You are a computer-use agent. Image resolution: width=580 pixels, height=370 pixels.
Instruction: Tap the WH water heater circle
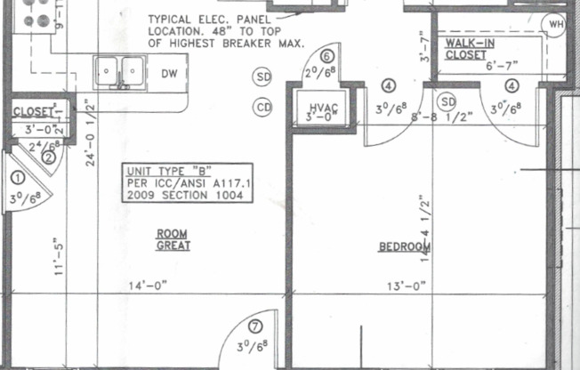coord(558,24)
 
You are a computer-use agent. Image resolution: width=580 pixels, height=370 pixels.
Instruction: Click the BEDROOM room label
coord(399,246)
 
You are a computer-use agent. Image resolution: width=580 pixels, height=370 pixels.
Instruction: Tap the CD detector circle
coord(262,108)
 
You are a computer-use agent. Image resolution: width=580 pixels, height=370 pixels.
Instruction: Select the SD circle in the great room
coord(262,77)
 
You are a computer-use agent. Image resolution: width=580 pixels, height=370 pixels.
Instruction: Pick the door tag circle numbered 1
coord(15,177)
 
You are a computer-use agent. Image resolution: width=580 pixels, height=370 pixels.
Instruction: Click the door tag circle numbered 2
coord(49,157)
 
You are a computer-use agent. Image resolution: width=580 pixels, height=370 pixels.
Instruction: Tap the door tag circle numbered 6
coord(326,54)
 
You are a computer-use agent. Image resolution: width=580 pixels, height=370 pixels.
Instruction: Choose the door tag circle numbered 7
coord(255,326)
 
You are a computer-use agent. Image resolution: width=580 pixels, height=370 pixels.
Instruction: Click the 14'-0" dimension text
coord(148,286)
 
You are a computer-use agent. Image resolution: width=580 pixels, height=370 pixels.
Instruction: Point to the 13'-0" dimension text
coord(407,286)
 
